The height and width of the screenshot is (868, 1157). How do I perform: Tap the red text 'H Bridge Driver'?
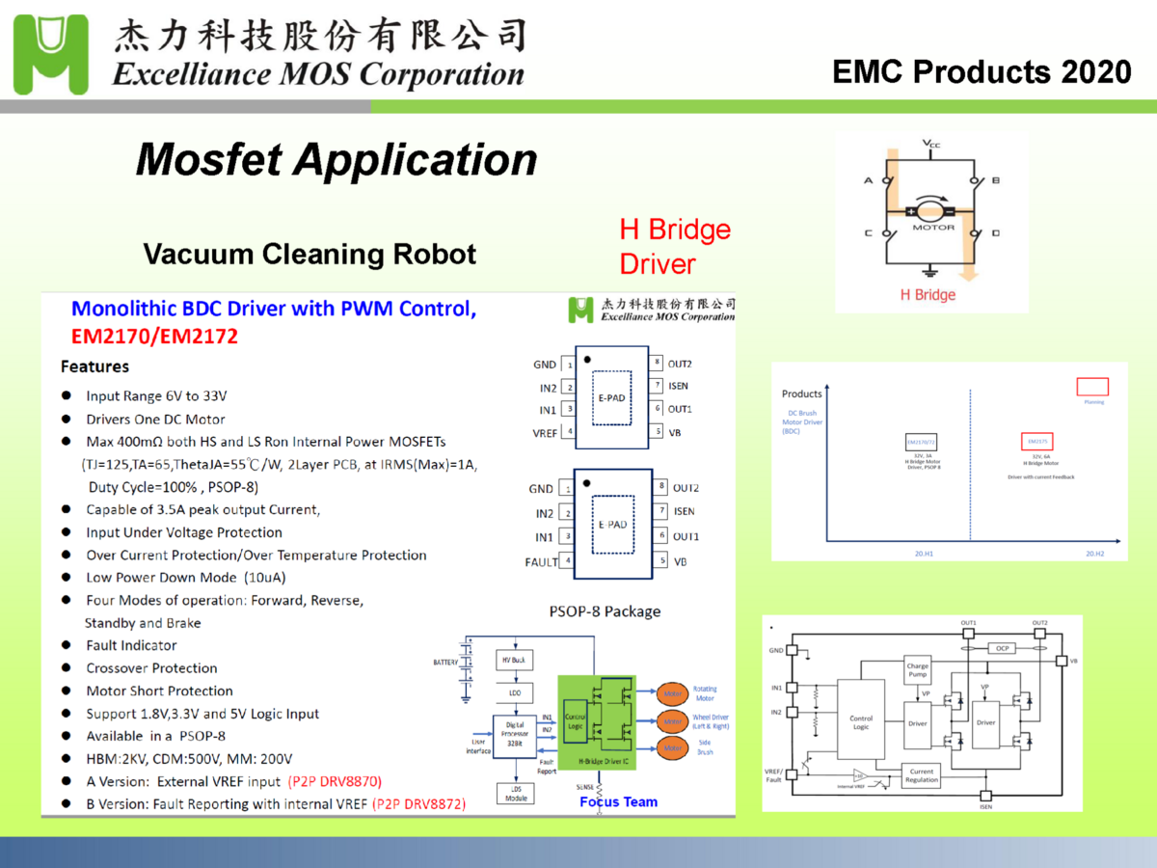[x=675, y=246]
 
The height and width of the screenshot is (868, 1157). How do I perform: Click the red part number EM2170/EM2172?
[x=154, y=337]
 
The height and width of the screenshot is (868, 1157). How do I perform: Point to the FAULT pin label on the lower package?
[x=541, y=561]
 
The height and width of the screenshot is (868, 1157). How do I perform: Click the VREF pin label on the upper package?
[x=544, y=433]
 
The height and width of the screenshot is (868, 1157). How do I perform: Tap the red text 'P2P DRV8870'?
[x=336, y=781]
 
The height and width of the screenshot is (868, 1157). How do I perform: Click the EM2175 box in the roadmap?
[x=1036, y=442]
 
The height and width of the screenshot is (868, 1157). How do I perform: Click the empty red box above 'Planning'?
[x=1091, y=387]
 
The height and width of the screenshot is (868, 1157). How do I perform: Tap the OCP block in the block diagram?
[x=1003, y=648]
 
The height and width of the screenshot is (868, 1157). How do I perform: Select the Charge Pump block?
[x=917, y=669]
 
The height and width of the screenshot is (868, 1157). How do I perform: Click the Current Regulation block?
[x=921, y=775]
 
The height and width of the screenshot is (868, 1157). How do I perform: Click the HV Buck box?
[x=515, y=661]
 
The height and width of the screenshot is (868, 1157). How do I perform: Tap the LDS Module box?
[x=516, y=794]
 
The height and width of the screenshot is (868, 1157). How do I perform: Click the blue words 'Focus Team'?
[x=618, y=802]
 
